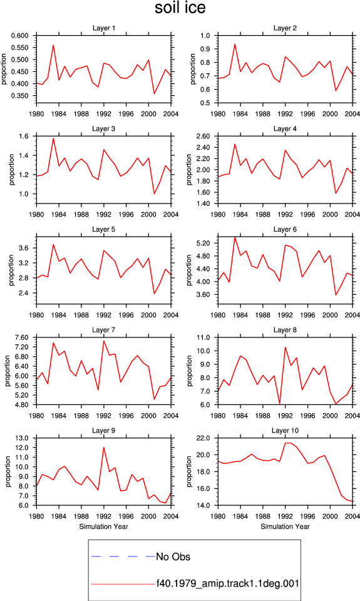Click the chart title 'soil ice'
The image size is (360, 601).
pos(180,8)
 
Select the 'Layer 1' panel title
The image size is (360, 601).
pos(103,28)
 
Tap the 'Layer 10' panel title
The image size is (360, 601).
pos(285,431)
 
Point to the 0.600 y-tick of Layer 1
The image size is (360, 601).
pos(20,36)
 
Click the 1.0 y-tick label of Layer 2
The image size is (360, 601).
pos(205,36)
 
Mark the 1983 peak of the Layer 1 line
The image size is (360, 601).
pos(53,45)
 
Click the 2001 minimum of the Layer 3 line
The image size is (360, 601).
pos(154,193)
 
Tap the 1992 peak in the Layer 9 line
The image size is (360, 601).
pos(103,447)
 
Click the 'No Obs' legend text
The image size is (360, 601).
pos(173,557)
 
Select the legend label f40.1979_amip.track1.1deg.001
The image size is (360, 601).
pos(228,583)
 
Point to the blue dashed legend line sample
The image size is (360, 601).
pos(123,556)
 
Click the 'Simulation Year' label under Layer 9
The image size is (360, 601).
pos(103,527)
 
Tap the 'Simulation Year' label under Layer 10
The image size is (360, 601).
pos(285,527)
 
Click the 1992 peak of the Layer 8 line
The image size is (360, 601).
pos(285,347)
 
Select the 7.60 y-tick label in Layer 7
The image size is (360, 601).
pos(21,337)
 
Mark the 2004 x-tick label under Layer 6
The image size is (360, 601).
pos(352,315)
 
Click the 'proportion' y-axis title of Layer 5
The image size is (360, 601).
pos(11,270)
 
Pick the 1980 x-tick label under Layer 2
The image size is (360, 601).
pos(218,114)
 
